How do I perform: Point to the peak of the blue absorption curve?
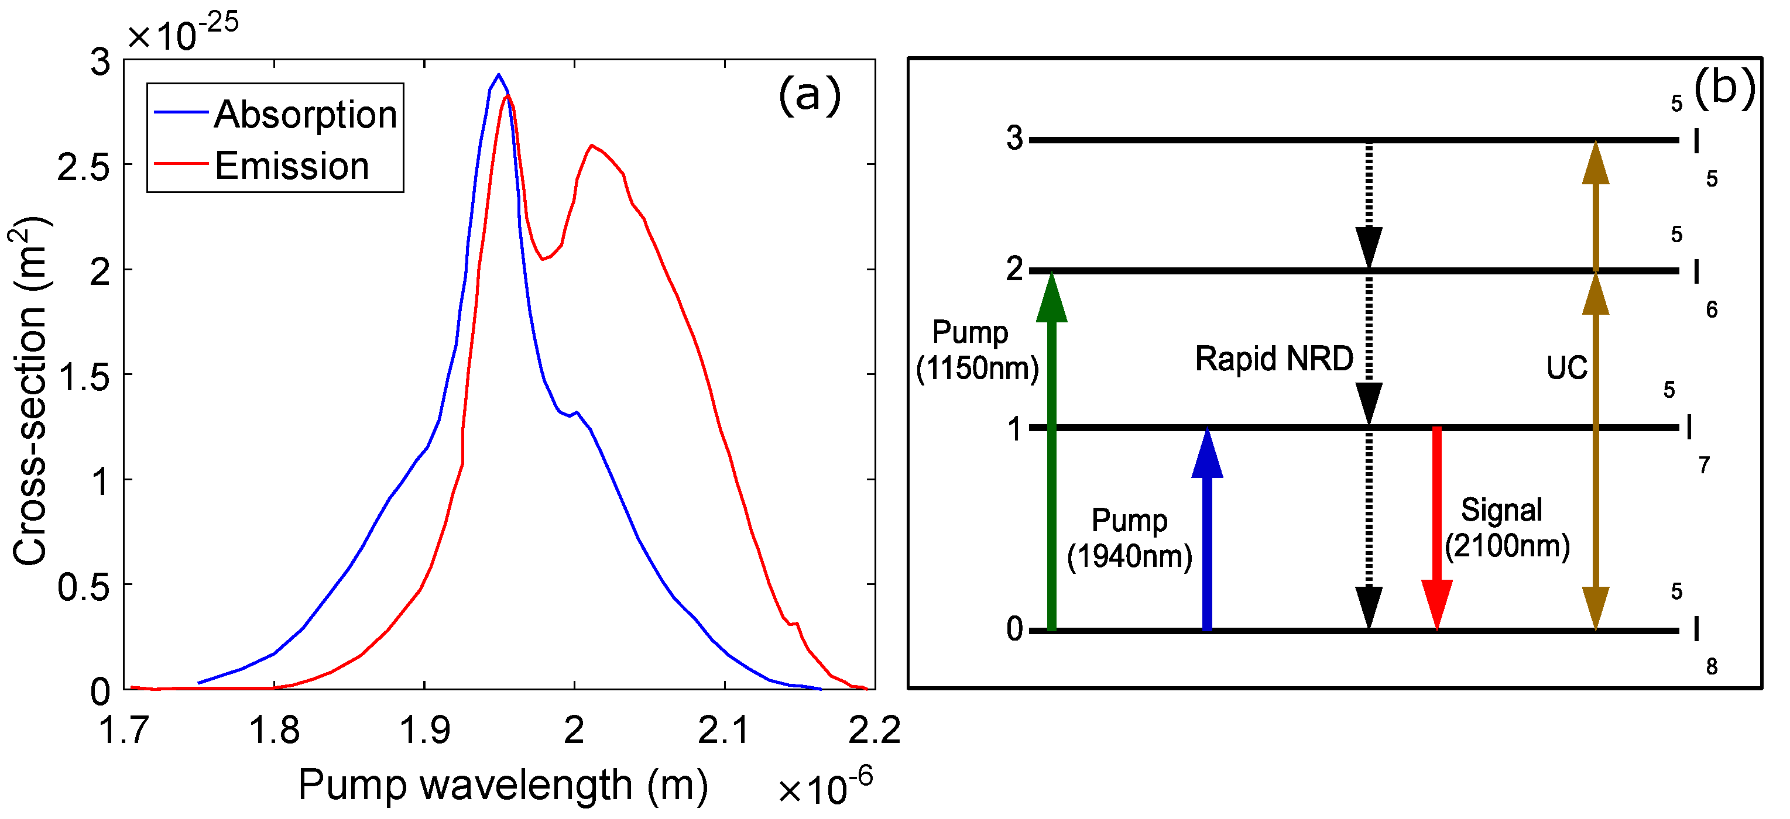[498, 75]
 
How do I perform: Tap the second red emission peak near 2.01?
[591, 146]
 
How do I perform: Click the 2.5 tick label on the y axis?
[83, 167]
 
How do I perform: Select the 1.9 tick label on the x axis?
[424, 730]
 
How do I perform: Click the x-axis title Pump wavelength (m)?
[502, 785]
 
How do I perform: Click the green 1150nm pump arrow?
[1051, 459]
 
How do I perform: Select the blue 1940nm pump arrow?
[1206, 535]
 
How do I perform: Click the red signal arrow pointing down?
[1436, 528]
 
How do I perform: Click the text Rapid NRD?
[1274, 359]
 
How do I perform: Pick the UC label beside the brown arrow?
[1566, 367]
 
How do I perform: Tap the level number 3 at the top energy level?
[1014, 138]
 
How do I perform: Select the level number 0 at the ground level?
[1014, 629]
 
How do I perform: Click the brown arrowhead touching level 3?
[1596, 163]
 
